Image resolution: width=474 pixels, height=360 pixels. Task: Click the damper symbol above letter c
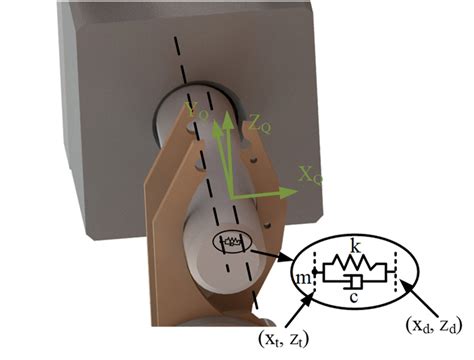coord(356,284)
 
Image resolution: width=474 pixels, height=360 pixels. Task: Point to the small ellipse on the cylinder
coord(229,240)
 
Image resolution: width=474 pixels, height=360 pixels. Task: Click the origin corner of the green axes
coord(231,191)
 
